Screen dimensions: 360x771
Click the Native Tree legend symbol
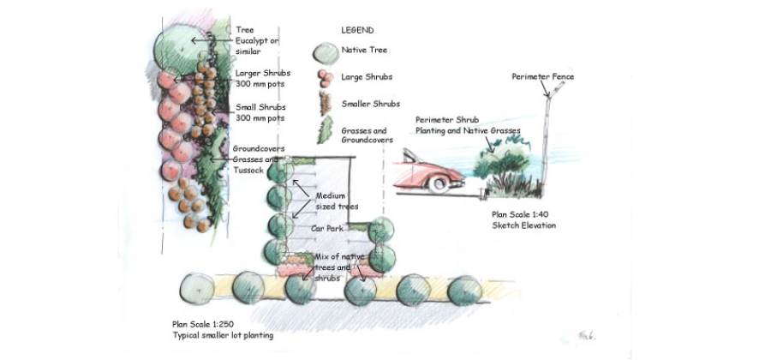tap(326, 52)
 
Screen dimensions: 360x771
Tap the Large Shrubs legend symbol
tap(326, 78)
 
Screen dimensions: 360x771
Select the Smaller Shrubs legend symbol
tap(326, 105)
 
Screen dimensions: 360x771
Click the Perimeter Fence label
tap(542, 76)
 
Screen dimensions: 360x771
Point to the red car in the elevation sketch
tap(428, 170)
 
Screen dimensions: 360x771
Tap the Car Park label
tap(326, 231)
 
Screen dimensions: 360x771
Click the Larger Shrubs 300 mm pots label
tap(260, 79)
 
